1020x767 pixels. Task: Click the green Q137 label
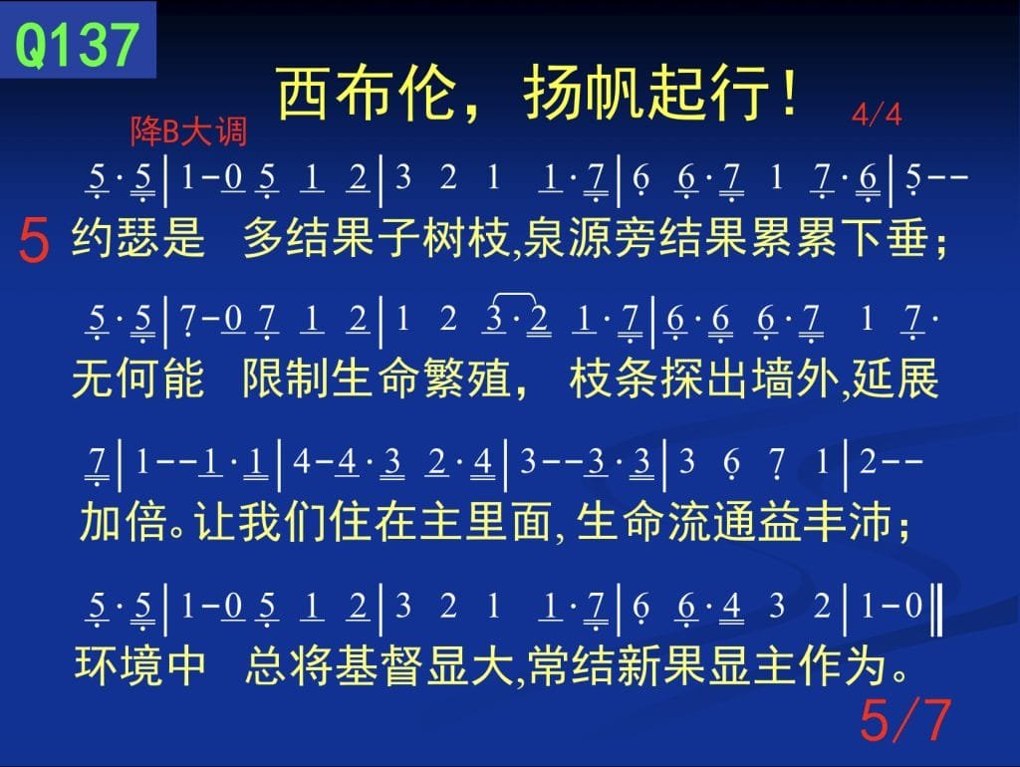77,44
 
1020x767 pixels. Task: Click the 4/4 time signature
877,116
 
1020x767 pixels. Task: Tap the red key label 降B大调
188,131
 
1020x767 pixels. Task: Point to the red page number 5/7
904,720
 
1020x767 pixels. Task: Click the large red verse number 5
34,239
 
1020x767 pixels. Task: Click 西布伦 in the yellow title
366,93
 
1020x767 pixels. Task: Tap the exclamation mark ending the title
789,91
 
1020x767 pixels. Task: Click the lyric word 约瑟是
138,237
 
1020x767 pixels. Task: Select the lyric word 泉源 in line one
567,237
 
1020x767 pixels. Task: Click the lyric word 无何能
137,379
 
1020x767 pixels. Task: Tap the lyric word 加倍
123,522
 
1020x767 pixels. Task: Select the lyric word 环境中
140,665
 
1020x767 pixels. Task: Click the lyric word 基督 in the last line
380,665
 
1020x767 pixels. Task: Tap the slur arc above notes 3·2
515,297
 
